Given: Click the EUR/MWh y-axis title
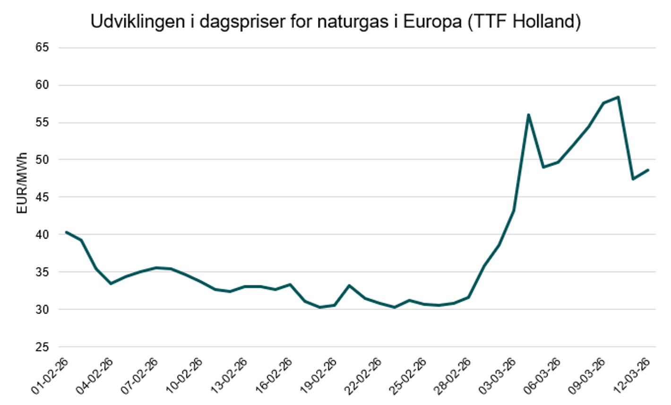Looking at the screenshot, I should coord(22,183).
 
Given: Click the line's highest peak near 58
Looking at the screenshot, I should coord(618,97).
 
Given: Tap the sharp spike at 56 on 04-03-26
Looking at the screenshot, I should coord(528,115).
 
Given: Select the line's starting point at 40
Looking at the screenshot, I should coord(67,232).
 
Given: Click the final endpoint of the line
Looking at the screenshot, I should coord(648,170).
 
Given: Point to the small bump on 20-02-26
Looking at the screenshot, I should coord(349,285).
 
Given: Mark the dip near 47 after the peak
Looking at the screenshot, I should coord(633,179).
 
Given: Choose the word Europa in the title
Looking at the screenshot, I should coord(432,22).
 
